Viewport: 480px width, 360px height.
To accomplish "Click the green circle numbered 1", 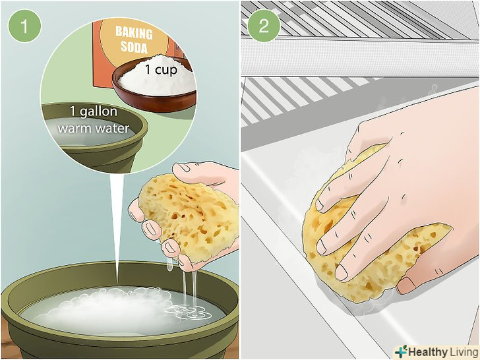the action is click(x=24, y=26).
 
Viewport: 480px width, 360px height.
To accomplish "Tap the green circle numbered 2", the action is click(x=264, y=26).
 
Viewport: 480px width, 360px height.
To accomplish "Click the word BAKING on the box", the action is click(x=134, y=33).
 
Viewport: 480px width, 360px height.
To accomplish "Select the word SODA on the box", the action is click(x=134, y=47).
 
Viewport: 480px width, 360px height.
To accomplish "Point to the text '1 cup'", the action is click(x=161, y=70).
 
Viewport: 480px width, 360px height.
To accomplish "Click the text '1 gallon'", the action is click(x=94, y=111).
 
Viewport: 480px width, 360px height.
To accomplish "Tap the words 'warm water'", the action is click(x=94, y=129).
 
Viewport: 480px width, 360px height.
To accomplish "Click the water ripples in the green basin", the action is click(x=183, y=311).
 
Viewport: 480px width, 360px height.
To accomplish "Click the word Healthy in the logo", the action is click(x=428, y=351).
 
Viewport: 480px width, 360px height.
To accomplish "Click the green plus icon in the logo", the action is click(x=402, y=351).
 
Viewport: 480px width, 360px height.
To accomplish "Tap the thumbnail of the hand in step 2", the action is click(x=406, y=285).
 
